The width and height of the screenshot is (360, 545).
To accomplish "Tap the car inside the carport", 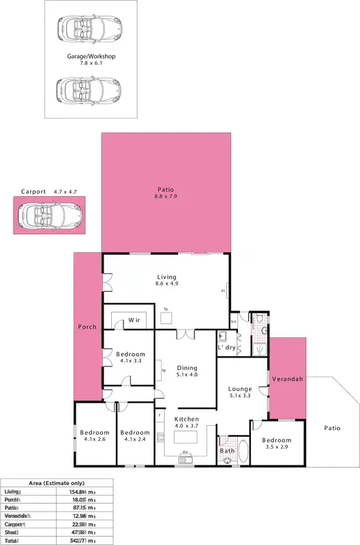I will point(48,216).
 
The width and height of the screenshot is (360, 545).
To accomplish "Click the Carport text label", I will point(33,191).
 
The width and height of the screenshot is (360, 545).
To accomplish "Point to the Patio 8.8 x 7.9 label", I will point(166,193).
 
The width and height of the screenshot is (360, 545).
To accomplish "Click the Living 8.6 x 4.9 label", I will point(166,281).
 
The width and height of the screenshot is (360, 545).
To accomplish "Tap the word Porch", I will point(87,327).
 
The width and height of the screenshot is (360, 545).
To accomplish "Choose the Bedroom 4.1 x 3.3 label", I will point(130,358).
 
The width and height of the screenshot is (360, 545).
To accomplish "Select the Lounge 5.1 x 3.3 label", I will point(240,392).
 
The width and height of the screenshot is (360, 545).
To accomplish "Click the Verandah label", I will point(288,378).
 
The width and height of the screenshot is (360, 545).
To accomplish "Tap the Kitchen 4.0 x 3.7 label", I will point(186,422).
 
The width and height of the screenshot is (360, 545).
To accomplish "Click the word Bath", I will point(227,450).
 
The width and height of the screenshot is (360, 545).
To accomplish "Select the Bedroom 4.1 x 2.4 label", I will point(134,436).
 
